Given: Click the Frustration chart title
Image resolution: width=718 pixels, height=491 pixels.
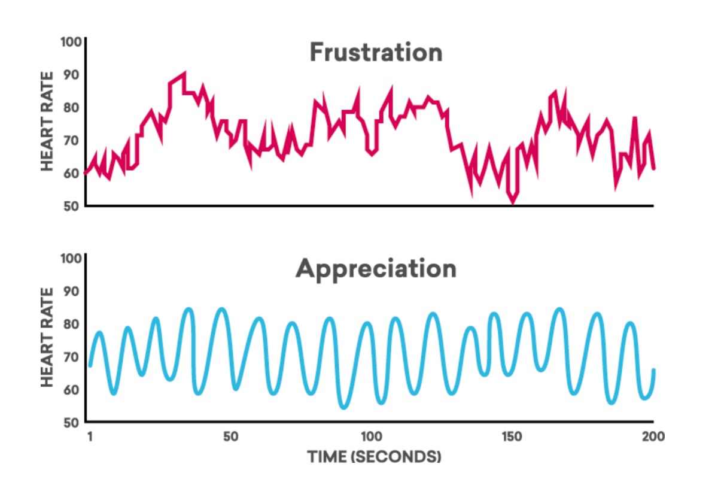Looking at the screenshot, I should tap(376, 53).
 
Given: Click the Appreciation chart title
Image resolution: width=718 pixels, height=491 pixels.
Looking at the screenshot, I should tap(376, 269).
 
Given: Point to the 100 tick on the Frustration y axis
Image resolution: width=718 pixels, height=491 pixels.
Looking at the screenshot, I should tap(70, 43).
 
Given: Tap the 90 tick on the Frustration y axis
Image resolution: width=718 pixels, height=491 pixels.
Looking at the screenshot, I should tap(72, 75).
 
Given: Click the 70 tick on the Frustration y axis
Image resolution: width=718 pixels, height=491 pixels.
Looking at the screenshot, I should tap(72, 141).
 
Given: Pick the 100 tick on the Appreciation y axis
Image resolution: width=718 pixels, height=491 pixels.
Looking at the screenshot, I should tap(70, 259).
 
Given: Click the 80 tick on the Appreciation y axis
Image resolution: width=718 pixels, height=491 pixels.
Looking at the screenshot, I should tap(72, 324).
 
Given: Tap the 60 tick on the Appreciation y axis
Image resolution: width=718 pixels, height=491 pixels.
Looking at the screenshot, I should tap(72, 389).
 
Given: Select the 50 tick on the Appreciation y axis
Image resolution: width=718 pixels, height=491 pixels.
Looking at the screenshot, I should tap(72, 422).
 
